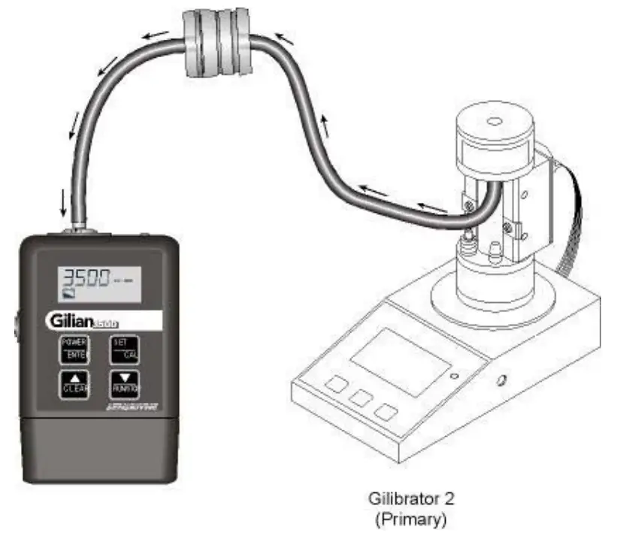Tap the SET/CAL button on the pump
click(122, 349)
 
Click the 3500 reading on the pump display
click(85, 278)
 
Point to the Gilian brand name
click(71, 321)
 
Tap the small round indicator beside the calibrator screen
click(454, 374)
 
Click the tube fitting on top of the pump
click(74, 226)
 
